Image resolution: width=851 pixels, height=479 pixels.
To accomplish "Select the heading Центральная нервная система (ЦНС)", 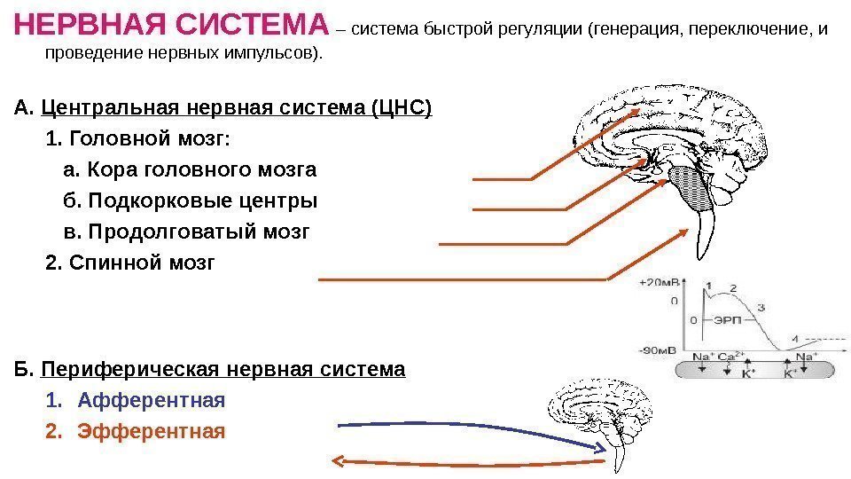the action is tap(237, 109).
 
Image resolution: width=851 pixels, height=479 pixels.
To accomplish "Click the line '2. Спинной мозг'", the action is tap(129, 263).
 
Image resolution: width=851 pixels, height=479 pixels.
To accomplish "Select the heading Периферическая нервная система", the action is tap(223, 369).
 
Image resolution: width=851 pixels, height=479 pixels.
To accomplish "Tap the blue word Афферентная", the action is tap(152, 401).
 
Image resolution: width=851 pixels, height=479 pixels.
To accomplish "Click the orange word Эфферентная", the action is tap(152, 432).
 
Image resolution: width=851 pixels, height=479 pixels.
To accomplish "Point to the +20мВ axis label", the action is tap(658, 283).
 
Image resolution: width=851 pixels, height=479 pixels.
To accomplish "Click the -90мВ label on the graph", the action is tap(657, 349).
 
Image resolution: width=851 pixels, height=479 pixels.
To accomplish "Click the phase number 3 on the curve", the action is tap(761, 306).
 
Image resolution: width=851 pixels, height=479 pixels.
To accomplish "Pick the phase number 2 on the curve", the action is tap(732, 288).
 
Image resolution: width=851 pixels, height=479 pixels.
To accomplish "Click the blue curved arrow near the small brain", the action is tap(461, 430).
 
